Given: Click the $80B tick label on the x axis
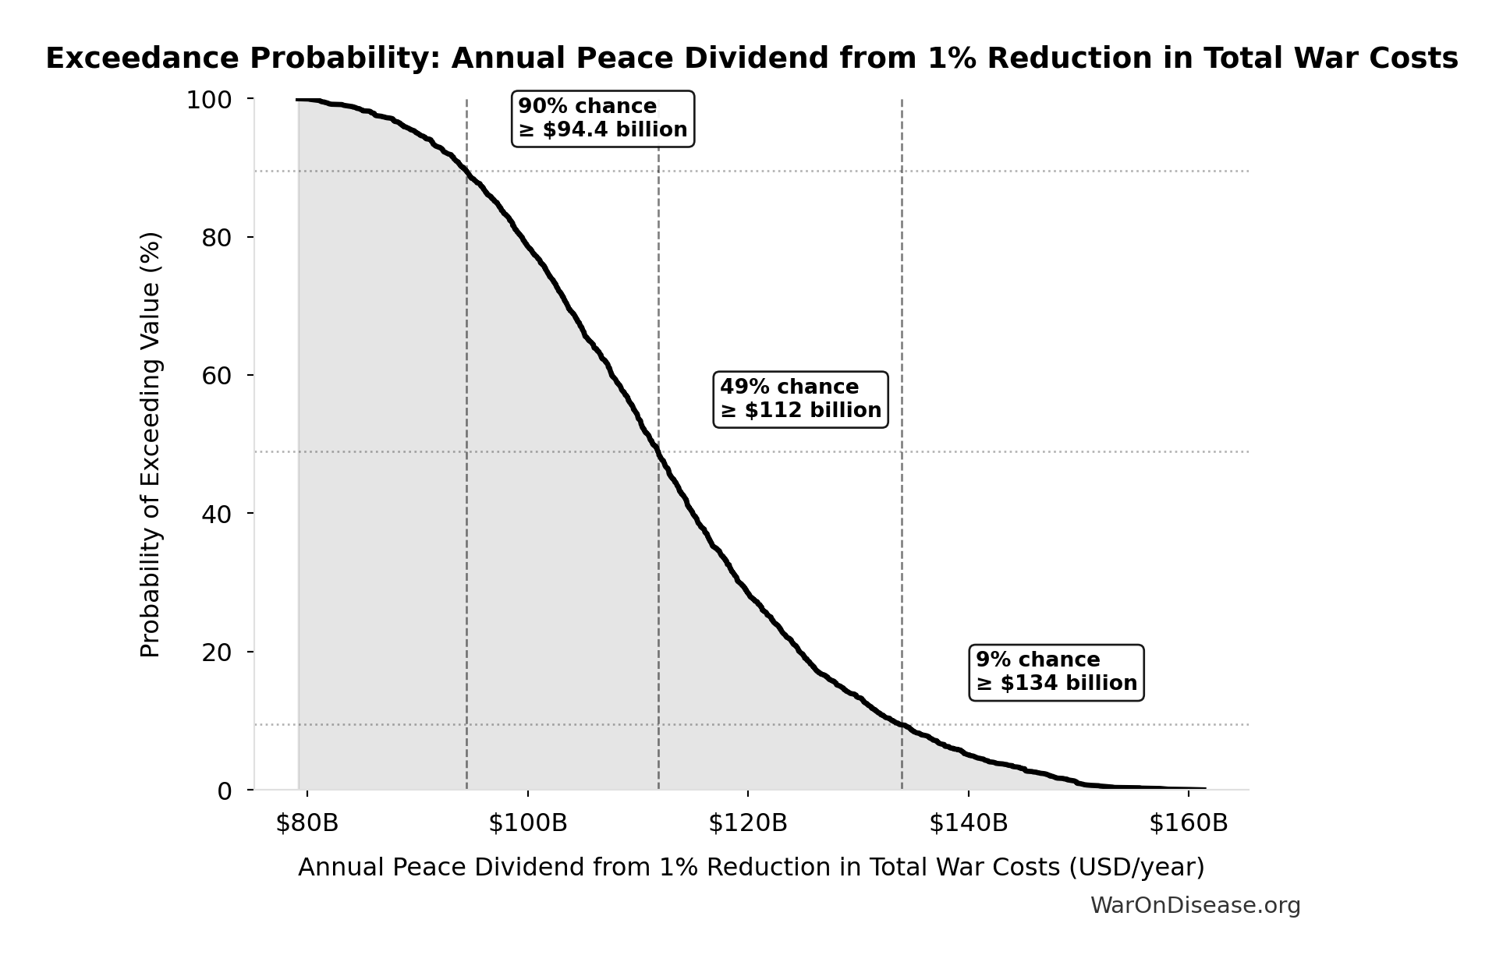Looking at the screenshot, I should [307, 823].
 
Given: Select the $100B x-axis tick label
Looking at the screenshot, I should [528, 823].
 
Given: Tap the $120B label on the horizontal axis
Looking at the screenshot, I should [748, 823].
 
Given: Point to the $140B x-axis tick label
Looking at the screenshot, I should [968, 823].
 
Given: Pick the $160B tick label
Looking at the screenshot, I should [1188, 823].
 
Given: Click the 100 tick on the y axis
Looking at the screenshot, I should [209, 100].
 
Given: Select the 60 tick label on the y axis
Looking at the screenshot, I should [217, 376].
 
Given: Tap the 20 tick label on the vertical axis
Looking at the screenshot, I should [217, 653].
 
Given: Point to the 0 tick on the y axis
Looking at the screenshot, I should [225, 791].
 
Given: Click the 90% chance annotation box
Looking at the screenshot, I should [602, 118].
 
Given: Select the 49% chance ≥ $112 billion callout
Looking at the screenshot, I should [800, 399].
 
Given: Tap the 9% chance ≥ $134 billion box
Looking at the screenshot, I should [1056, 672].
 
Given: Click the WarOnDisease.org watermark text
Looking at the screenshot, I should [1195, 906].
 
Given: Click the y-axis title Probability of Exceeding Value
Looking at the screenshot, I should [150, 444].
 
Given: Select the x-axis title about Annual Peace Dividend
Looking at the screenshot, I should [751, 868].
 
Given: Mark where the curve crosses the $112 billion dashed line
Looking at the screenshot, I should [658, 451].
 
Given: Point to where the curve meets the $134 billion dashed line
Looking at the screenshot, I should [902, 725].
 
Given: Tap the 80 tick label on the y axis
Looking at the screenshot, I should [217, 238].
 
